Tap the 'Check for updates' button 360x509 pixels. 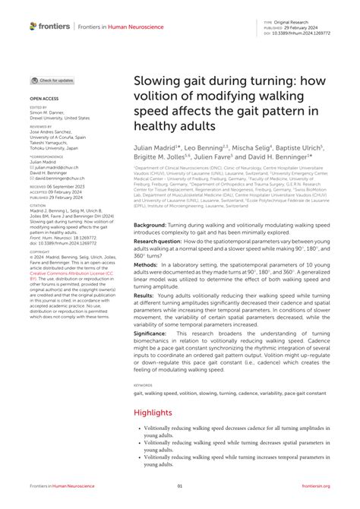(52, 80)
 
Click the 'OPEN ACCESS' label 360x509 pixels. (44, 98)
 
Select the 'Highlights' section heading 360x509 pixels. (154, 413)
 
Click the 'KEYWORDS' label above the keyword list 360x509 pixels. (143, 385)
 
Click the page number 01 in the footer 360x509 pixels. (180, 487)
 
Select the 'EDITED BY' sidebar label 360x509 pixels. (39, 108)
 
